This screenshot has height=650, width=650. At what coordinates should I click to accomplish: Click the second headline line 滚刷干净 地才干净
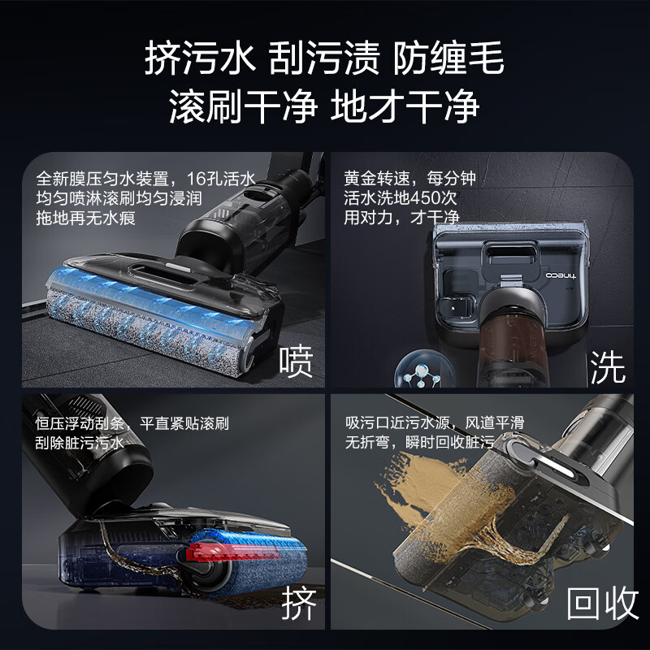pyautogui.click(x=324, y=106)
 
